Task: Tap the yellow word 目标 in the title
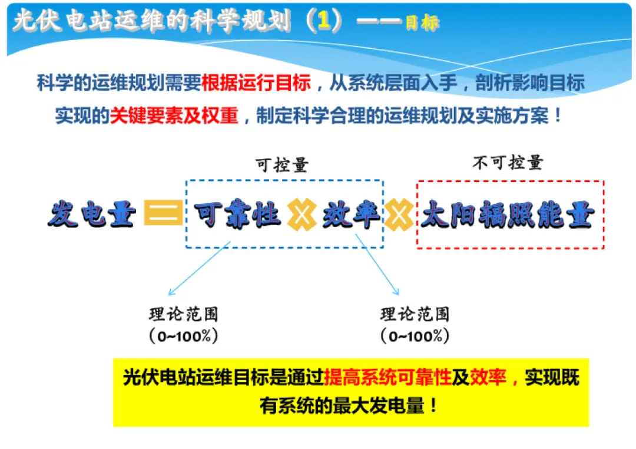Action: coord(422,24)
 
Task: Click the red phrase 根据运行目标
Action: coord(256,83)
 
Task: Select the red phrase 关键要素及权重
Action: coord(174,115)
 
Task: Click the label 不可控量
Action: coord(507,163)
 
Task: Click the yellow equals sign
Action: coord(163,214)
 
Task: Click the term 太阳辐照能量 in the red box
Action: coord(508,216)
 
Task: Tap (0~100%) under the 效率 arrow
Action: coord(415,336)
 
